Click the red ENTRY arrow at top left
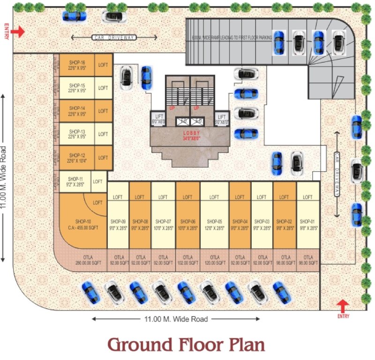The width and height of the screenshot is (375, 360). click(x=18, y=31)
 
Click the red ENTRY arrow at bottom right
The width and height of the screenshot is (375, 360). click(x=343, y=306)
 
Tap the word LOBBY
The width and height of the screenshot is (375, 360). click(x=191, y=133)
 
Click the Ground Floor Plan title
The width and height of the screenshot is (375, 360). click(x=186, y=345)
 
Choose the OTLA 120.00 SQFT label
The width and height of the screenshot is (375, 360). click(x=215, y=261)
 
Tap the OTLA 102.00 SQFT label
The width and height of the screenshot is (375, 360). click(x=187, y=261)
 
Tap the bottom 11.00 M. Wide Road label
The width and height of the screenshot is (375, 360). click(x=175, y=320)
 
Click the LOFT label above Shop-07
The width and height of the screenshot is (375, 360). click(x=163, y=197)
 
